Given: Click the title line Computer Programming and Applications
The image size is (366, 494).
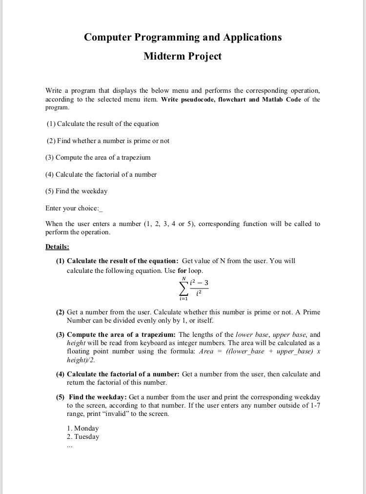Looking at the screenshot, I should pos(183,37).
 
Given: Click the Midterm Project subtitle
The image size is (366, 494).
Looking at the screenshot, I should pos(183,56).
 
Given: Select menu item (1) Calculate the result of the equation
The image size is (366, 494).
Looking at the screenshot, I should pos(103,123).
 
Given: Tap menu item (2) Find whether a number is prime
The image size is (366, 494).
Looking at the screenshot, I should pos(108,141).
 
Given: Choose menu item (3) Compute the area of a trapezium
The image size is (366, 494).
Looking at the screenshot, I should pos(98,157).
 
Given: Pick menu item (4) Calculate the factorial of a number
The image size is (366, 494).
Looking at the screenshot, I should pos(101,174).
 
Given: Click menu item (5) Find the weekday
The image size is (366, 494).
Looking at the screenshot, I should pos(77,191).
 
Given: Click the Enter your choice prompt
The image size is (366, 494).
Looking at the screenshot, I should pos(74,208).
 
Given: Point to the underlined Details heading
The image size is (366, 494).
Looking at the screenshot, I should pos(57,247).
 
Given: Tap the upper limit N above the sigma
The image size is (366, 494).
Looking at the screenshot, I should pos(183,279).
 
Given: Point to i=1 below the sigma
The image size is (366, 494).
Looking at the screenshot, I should pos(183,298).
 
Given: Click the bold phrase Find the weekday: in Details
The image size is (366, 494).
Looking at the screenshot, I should pos(98,397).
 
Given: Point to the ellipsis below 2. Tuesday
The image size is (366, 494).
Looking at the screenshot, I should pos(70,445).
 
